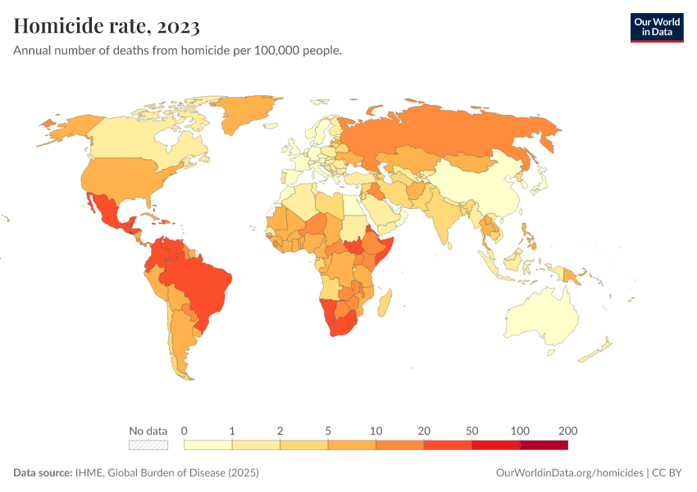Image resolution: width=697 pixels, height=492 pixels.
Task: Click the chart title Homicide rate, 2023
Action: coord(107,26)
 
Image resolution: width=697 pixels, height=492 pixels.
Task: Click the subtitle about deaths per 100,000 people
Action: coord(177,51)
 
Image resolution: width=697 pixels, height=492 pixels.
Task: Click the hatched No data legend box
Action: coord(148,445)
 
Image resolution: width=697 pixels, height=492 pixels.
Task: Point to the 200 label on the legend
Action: coord(567,430)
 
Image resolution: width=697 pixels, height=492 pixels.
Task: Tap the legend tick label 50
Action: coord(472,430)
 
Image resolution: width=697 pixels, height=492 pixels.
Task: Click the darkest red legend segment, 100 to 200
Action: coord(544,445)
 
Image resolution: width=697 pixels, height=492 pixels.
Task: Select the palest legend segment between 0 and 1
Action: coord(208,445)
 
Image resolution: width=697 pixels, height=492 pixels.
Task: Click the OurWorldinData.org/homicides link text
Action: coord(569,473)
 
